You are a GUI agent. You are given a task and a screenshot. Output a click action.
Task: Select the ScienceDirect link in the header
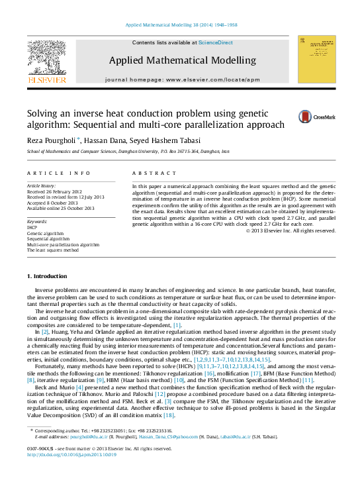[216, 42]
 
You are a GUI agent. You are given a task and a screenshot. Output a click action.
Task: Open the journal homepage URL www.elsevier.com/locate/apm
[211, 79]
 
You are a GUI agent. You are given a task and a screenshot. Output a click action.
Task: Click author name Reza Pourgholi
[52, 140]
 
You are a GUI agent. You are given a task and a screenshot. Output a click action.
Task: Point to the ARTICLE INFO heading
[59, 173]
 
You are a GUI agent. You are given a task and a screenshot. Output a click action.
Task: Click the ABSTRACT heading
[151, 173]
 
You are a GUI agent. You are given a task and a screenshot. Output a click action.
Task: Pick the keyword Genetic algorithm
[45, 234]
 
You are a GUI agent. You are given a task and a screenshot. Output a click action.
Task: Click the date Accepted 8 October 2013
[56, 203]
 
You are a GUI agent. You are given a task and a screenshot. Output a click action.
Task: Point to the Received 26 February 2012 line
[57, 191]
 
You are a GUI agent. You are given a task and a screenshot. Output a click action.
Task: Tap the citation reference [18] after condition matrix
[169, 415]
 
